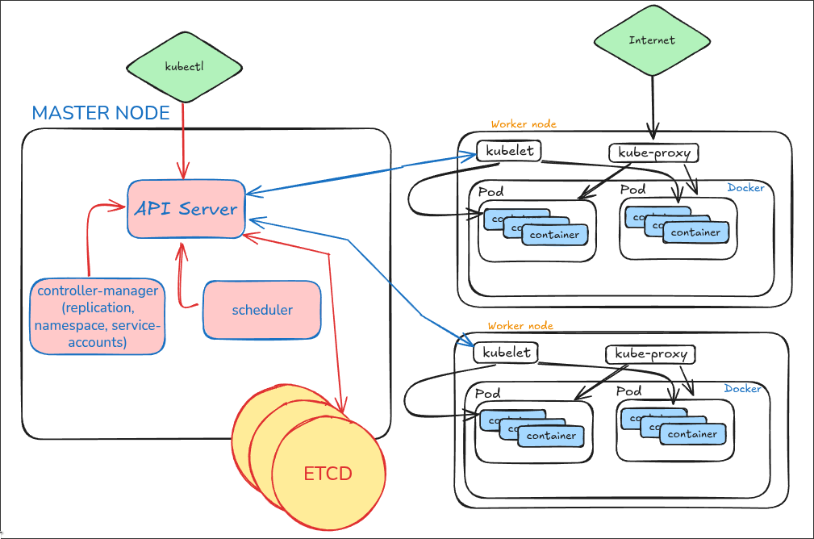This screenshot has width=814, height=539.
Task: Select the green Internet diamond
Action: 651,40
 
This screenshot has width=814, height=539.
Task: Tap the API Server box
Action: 186,209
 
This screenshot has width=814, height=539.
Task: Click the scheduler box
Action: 262,310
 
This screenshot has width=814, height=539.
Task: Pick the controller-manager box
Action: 98,316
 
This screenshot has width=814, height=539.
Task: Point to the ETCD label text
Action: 328,474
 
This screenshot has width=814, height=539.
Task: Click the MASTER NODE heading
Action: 101,113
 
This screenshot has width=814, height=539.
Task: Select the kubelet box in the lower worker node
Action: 507,353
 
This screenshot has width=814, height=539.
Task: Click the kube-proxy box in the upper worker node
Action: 653,153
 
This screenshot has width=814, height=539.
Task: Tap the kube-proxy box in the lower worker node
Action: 650,354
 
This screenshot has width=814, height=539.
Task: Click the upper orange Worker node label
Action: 524,124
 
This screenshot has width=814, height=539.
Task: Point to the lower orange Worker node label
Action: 520,325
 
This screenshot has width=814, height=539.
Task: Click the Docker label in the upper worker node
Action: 745,188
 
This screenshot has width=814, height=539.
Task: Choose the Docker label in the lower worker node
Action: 742,389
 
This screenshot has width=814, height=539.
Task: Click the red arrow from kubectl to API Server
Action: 185,137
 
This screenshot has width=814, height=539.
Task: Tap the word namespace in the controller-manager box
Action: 69,326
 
